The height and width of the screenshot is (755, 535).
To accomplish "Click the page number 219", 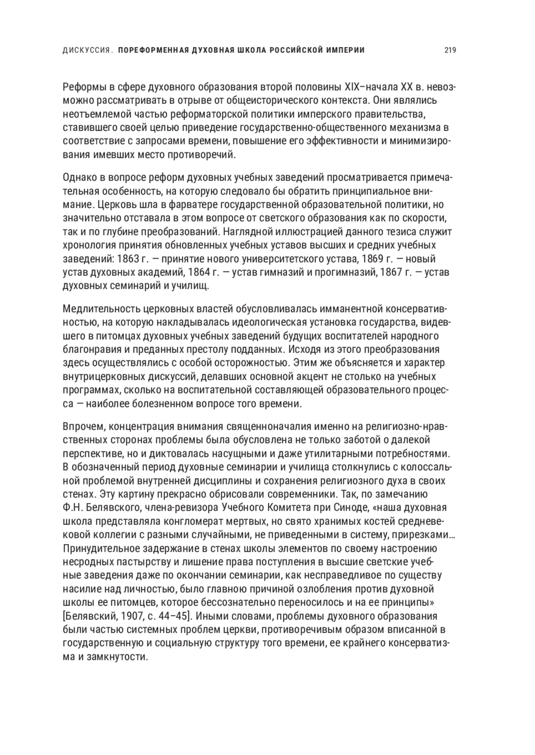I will pyautogui.click(x=450, y=50).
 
